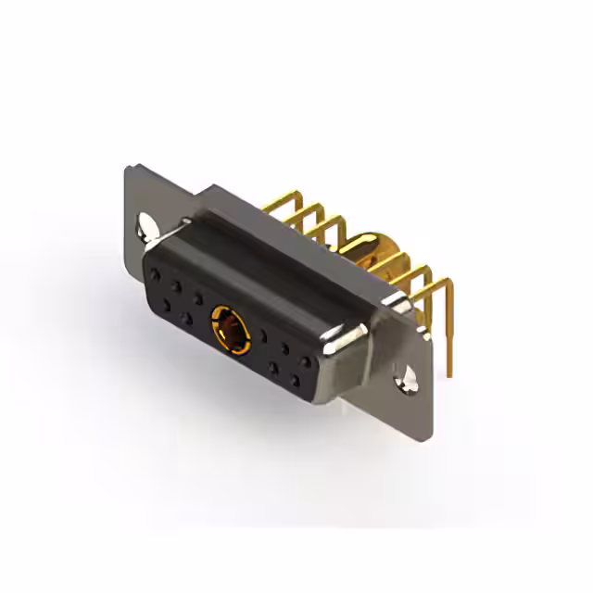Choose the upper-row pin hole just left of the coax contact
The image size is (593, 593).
click(198, 298)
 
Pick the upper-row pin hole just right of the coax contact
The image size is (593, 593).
click(265, 335)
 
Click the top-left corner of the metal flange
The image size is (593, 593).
click(129, 167)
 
